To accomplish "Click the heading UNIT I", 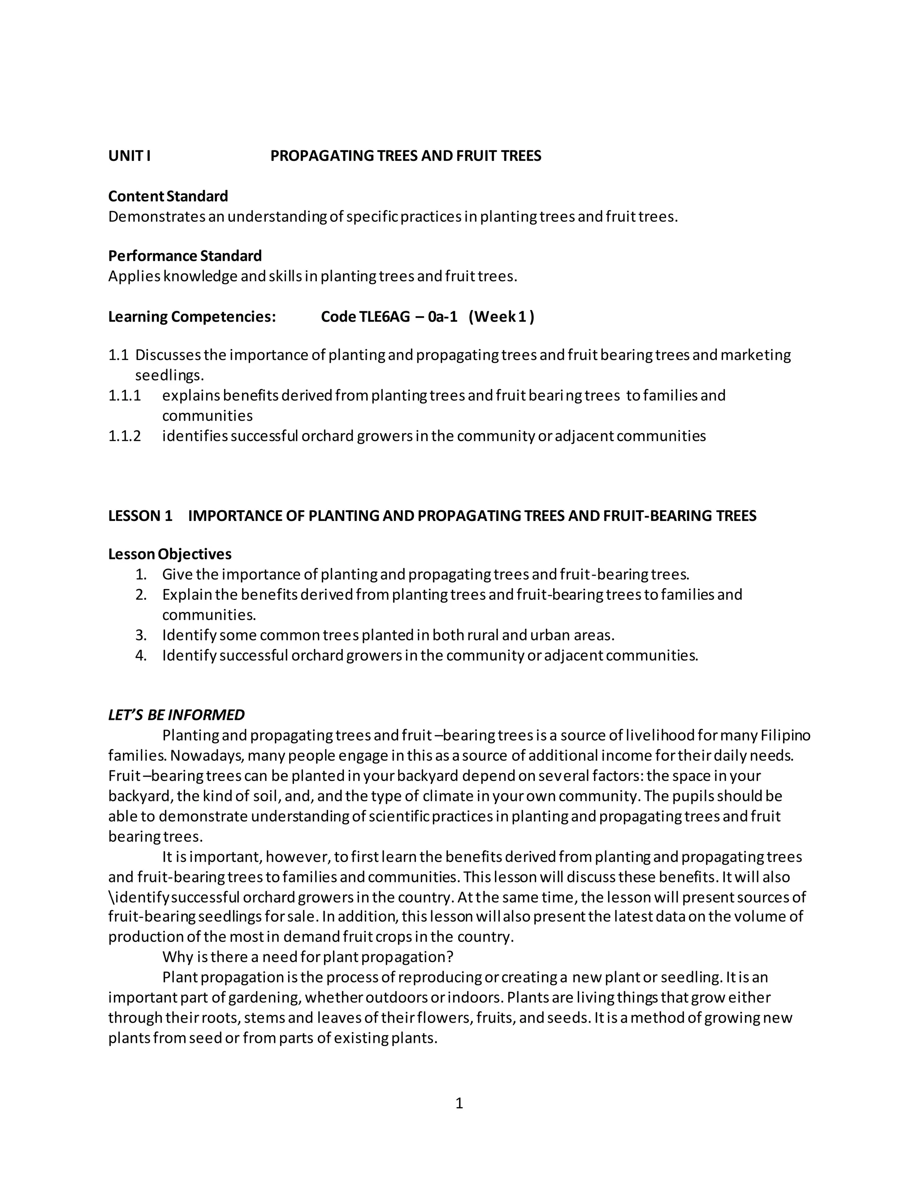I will pos(130,156).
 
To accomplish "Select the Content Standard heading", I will pos(168,196).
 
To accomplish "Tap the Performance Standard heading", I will pos(185,255).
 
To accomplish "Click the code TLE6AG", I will pos(384,316).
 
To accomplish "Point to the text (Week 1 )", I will pos(501,316).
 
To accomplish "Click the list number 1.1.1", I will pos(125,395).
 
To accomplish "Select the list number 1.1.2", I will pos(125,436).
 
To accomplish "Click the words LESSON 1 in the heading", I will pos(140,516).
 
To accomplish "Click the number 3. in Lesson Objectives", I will pos(141,635).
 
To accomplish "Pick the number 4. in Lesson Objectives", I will pos(141,655).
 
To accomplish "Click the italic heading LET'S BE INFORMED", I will pos(176,715).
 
